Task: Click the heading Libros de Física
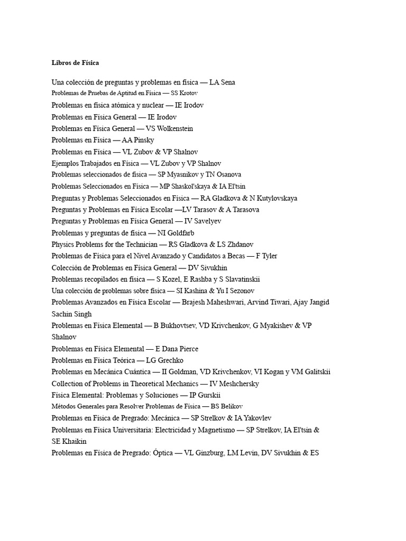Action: (x=75, y=63)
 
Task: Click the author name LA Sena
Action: (x=223, y=82)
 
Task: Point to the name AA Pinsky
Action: (x=138, y=140)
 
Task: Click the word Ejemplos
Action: (x=66, y=163)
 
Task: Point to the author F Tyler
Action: (x=266, y=256)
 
